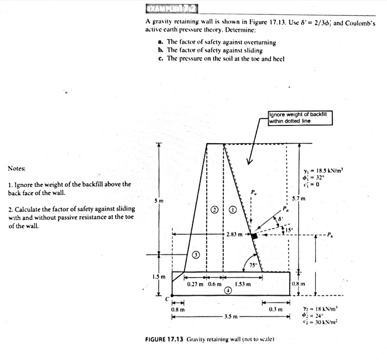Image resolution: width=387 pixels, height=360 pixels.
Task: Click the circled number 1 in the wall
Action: pyautogui.click(x=233, y=210)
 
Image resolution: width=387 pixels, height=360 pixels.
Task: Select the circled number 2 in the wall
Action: pyautogui.click(x=215, y=210)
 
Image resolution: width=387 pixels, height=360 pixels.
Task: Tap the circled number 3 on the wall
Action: pyautogui.click(x=195, y=255)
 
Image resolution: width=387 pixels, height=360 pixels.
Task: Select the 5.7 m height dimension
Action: pyautogui.click(x=306, y=197)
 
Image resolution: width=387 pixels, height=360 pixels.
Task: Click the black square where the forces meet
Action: pyautogui.click(x=254, y=236)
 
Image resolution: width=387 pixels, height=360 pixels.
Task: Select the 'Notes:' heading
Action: pyautogui.click(x=17, y=168)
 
